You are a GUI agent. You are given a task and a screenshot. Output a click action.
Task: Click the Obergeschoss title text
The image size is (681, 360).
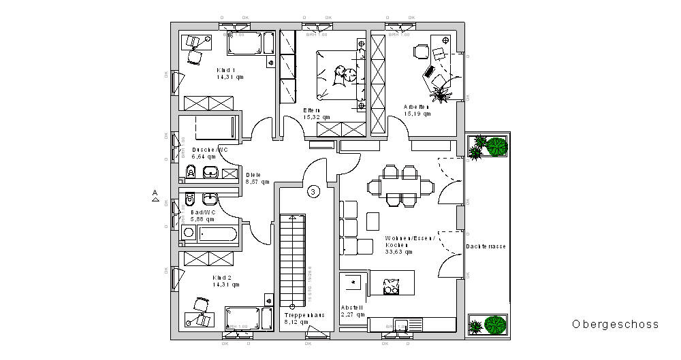point(615,325)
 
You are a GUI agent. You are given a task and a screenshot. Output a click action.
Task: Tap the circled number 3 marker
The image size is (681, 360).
point(313,192)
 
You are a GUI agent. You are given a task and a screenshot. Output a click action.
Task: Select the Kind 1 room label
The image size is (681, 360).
point(226,70)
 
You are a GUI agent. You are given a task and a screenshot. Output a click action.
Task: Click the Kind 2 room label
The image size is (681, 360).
point(222,278)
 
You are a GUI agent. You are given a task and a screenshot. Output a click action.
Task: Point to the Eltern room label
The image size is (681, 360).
point(313,110)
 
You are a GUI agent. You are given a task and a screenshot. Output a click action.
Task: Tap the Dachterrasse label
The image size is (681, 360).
point(486,246)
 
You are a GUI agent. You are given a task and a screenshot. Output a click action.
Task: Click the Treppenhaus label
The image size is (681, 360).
point(304,315)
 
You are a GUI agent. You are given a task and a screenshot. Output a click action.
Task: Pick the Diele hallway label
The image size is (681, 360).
point(253,175)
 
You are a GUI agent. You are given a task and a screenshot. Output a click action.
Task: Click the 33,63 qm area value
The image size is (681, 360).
point(399,252)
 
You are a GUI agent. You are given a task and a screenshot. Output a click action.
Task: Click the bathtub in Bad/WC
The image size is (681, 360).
point(210,234)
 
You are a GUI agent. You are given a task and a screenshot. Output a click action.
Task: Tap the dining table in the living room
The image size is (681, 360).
point(400,185)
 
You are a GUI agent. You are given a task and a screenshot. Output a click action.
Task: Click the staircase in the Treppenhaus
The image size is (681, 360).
point(294,259)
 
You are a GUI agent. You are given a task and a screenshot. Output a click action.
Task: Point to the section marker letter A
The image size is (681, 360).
point(155,193)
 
